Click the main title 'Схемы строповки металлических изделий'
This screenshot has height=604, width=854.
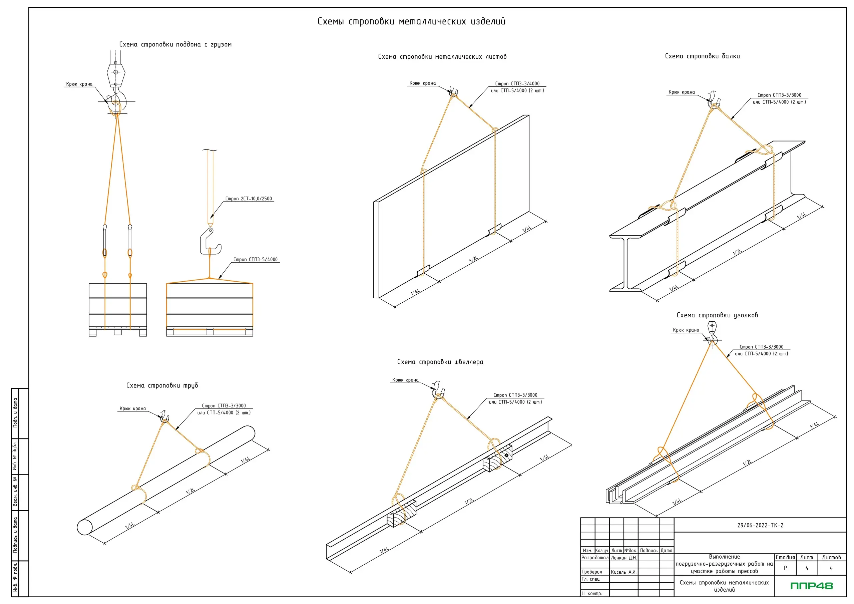click(x=411, y=22)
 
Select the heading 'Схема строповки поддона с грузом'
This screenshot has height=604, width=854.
click(x=175, y=45)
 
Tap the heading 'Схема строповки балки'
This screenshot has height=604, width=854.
click(x=702, y=56)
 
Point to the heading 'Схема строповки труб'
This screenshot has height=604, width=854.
click(x=162, y=385)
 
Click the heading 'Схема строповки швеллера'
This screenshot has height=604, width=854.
click(x=440, y=362)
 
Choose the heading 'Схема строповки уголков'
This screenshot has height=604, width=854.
click(x=717, y=315)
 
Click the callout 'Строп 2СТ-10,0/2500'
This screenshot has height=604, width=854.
click(x=249, y=199)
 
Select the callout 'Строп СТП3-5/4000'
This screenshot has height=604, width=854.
click(x=255, y=259)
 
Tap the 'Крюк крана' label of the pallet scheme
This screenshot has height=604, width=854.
click(x=79, y=84)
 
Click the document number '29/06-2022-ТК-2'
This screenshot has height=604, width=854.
click(x=760, y=526)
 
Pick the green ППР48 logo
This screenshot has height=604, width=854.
click(x=812, y=586)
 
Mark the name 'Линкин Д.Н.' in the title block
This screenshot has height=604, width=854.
click(x=624, y=558)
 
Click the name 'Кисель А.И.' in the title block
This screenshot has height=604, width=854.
click(x=623, y=572)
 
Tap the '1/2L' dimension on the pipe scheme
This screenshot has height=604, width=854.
click(x=190, y=491)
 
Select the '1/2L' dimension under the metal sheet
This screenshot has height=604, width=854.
click(x=473, y=259)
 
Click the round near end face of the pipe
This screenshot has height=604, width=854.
click(x=84, y=527)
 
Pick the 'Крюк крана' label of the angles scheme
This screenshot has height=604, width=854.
click(x=686, y=330)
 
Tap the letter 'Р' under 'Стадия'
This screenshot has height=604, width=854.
click(x=785, y=568)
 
